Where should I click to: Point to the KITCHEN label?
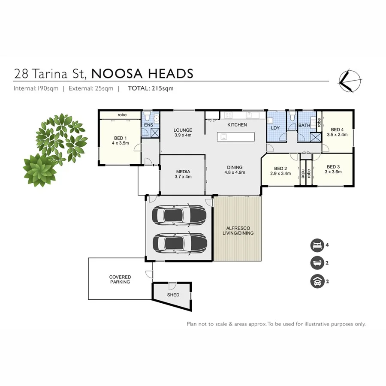(x=237, y=125)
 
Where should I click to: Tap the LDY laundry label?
(x=275, y=128)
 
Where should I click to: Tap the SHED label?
(x=173, y=295)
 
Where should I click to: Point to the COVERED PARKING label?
(x=120, y=280)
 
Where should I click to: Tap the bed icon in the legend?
(x=316, y=245)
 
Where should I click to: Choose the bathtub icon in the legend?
(x=316, y=263)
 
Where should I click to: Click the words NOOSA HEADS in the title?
(x=142, y=74)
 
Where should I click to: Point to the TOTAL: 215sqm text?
(x=151, y=88)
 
